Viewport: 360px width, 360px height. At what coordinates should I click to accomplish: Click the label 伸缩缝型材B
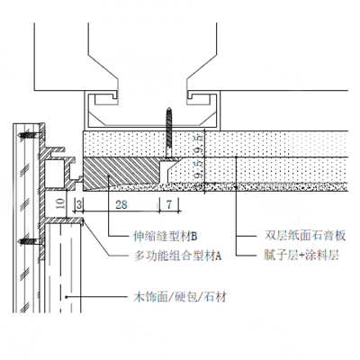pyautogui.click(x=165, y=238)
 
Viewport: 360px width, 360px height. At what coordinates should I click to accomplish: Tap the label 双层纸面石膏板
pyautogui.click(x=301, y=238)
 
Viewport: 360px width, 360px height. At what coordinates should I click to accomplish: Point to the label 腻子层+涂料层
pyautogui.click(x=301, y=256)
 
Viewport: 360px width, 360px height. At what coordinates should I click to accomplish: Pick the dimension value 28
pyautogui.click(x=121, y=205)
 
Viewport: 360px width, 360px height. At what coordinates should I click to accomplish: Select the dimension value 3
pyautogui.click(x=80, y=205)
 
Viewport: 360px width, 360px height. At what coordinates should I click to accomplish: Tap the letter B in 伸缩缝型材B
pyautogui.click(x=193, y=238)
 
